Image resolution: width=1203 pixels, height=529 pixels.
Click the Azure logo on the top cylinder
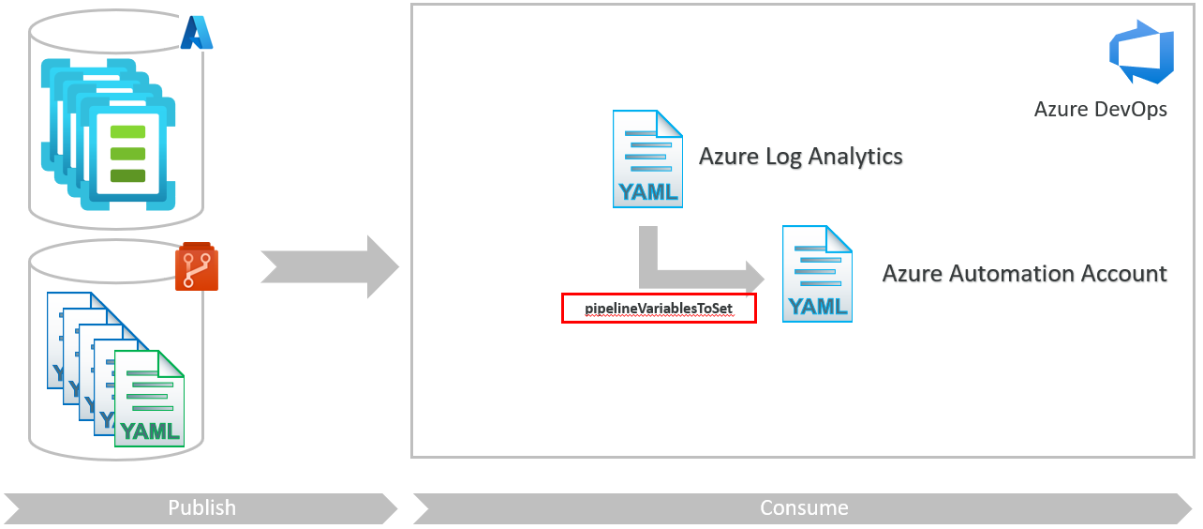198,32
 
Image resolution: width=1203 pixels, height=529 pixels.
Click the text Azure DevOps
1100,109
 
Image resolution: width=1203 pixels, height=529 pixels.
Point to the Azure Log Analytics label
800,157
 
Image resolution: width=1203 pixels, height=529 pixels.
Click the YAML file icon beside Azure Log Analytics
647,159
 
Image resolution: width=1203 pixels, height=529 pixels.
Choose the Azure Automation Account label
1024,274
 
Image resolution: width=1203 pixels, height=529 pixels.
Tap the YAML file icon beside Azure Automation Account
818,274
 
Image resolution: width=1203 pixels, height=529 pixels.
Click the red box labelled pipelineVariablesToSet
658,308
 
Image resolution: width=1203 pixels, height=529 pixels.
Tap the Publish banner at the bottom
201,507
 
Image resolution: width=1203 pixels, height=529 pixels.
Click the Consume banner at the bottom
804,507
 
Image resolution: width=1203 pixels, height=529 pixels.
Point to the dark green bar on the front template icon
127,175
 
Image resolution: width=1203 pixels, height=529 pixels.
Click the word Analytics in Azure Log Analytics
855,157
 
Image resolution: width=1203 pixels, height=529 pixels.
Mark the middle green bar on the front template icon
127,154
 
